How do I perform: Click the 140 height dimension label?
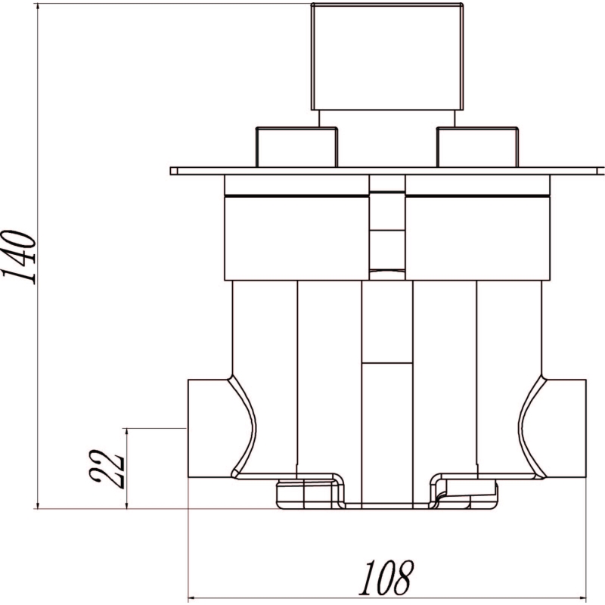20,257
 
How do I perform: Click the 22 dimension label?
107,469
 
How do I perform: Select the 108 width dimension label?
386,578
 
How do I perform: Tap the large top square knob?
387,57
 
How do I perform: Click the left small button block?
296,147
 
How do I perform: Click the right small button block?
477,147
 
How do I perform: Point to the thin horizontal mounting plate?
387,171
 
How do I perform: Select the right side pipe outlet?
565,429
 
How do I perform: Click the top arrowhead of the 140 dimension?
37,8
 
